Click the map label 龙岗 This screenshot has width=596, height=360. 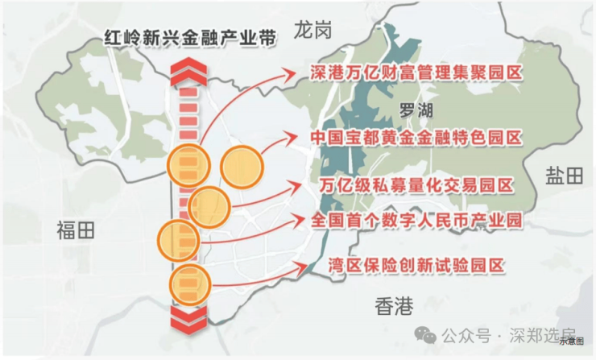[313, 31]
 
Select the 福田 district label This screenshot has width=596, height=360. [76, 230]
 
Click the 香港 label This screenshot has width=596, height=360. [394, 306]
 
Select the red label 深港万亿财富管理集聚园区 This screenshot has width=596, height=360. [416, 73]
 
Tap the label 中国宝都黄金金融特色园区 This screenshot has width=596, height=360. [416, 137]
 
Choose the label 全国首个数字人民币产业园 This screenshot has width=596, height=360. [416, 219]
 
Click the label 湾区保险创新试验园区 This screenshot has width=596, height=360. [416, 265]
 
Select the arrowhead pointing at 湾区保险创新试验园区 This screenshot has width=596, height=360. [308, 265]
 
